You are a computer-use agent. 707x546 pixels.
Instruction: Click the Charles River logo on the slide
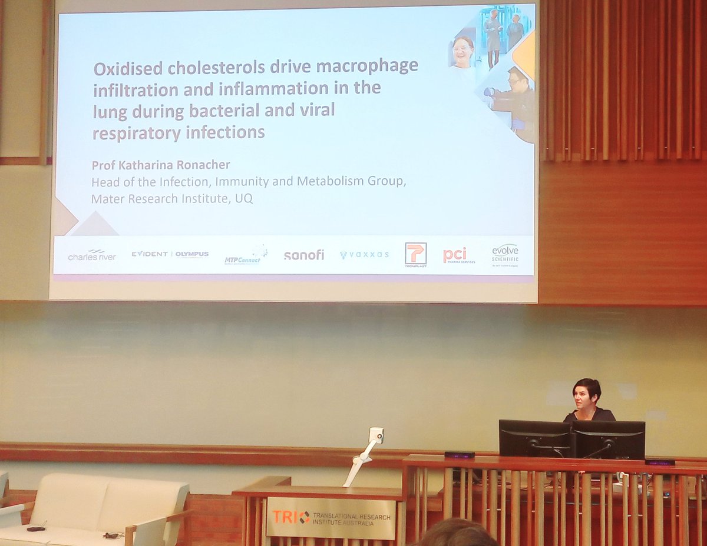click(x=91, y=255)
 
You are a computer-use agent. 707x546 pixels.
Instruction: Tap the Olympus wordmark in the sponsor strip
click(x=192, y=254)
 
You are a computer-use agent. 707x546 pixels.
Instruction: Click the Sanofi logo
click(x=304, y=255)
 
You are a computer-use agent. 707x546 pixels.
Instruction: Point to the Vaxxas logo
click(x=364, y=255)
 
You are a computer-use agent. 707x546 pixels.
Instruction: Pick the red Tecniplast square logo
click(x=415, y=254)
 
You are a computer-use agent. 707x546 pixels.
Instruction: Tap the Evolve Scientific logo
click(x=505, y=253)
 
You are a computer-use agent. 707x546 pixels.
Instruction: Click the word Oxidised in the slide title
click(x=128, y=68)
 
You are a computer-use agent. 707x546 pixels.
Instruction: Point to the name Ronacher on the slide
click(x=189, y=165)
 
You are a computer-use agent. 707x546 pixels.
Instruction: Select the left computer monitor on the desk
click(x=534, y=438)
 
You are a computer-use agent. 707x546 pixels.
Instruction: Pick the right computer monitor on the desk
click(x=608, y=440)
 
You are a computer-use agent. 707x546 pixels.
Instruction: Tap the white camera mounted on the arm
click(x=375, y=435)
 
